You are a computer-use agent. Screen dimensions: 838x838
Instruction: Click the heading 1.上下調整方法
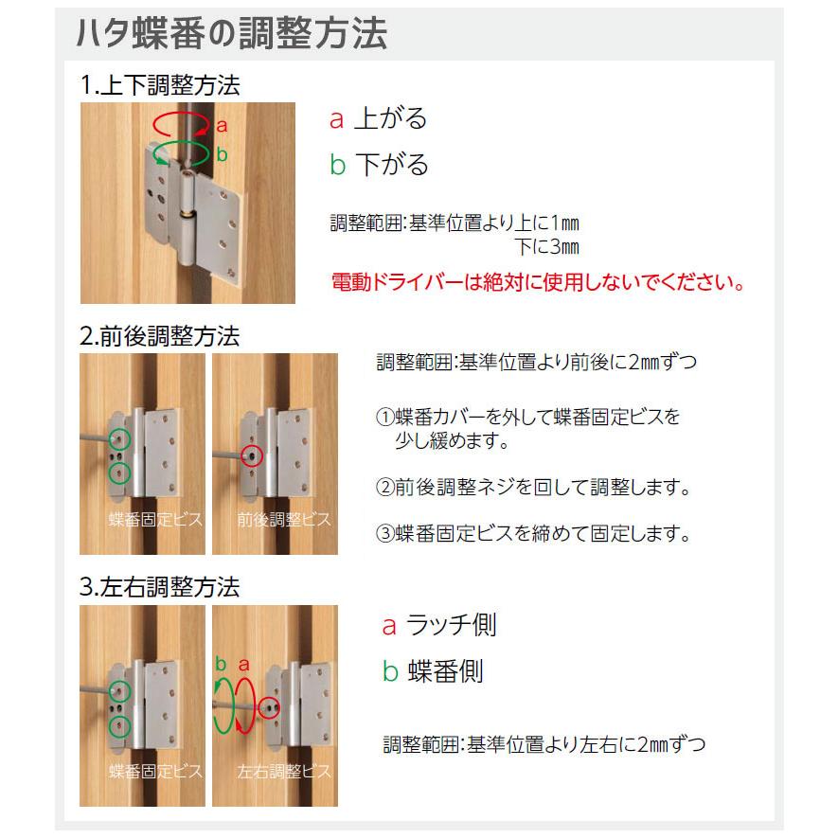click(x=160, y=85)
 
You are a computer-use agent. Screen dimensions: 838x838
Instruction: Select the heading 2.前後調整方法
click(x=160, y=336)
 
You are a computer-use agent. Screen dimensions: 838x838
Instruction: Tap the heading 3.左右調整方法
click(x=160, y=587)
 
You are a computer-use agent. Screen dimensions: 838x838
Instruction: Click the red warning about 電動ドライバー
click(x=538, y=282)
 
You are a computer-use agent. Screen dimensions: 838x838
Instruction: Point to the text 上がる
click(x=390, y=118)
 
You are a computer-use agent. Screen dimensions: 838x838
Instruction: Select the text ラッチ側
click(x=451, y=625)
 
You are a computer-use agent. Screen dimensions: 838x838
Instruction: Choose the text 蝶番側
click(x=445, y=671)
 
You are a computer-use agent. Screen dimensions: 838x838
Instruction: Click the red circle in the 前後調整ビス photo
click(x=252, y=455)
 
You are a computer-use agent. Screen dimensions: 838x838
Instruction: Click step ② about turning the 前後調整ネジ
click(x=531, y=488)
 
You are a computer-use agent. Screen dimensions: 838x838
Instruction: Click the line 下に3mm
click(x=546, y=248)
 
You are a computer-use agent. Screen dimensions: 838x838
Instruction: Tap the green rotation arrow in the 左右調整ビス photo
click(x=224, y=705)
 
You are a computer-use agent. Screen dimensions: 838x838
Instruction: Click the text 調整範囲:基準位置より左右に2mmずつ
click(x=544, y=744)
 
